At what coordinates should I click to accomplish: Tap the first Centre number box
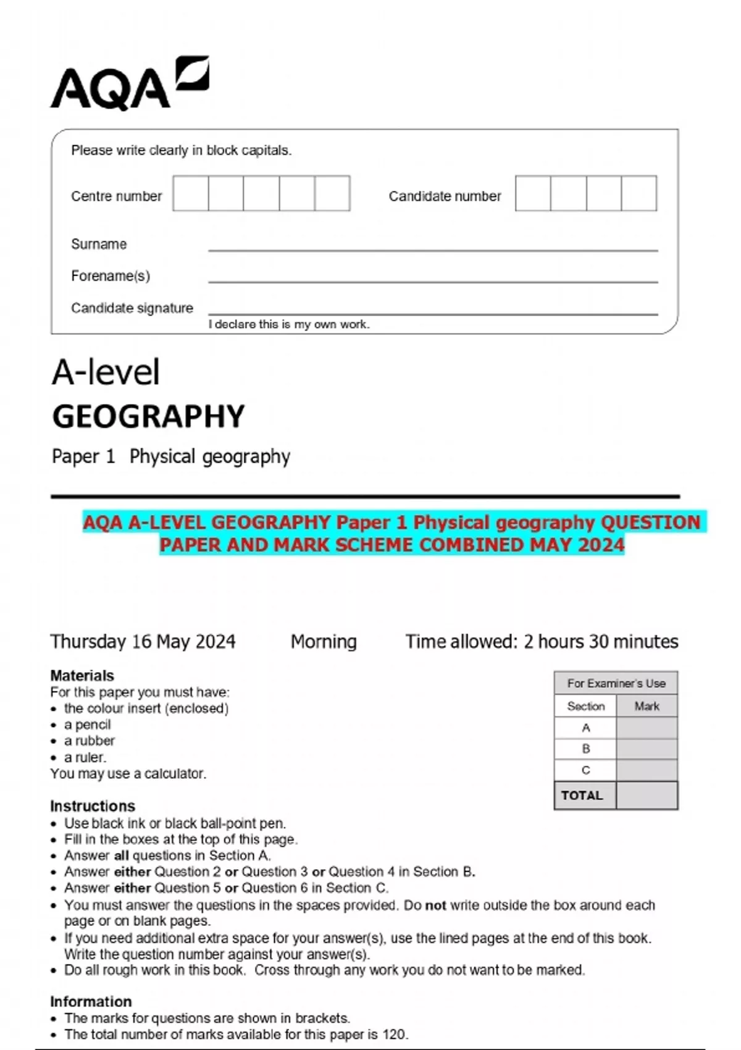point(191,193)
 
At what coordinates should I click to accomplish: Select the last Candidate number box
point(638,193)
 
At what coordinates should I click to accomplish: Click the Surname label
point(99,244)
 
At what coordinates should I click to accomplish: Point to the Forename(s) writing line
point(432,281)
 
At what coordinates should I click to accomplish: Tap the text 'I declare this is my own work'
point(289,324)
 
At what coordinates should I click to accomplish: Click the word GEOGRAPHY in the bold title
point(149,416)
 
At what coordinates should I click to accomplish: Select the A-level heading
point(106,372)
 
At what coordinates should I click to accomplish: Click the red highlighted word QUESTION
point(650,523)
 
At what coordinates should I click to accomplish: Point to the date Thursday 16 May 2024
point(143,641)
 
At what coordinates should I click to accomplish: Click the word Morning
point(324,641)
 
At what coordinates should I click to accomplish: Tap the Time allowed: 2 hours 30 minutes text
point(542,641)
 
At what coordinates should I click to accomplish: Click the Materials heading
point(82,675)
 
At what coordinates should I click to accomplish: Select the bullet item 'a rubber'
point(90,741)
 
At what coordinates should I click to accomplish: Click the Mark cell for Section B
point(647,749)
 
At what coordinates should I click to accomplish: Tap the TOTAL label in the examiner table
point(582,796)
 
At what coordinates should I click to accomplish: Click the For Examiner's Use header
point(616,683)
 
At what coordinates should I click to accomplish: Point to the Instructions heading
point(93,806)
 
